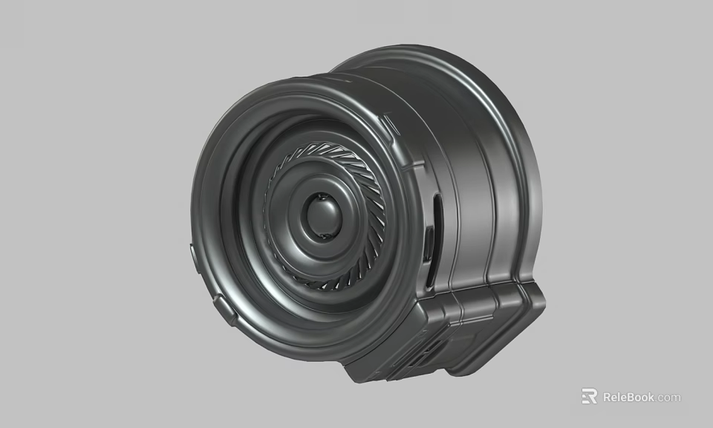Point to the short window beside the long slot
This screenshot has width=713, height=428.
pos(429,245)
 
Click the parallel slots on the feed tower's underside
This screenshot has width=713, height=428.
pos(416,360)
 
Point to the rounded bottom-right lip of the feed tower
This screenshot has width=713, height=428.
pos(531,305)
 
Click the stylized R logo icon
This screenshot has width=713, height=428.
pos(589,397)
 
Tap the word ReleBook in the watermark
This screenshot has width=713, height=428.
pos(628,397)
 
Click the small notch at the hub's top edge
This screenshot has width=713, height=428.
pos(321,195)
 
